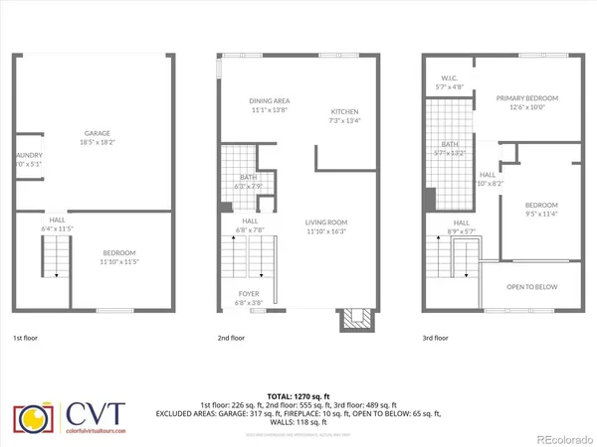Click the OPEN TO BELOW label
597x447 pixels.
(531, 287)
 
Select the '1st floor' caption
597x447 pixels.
(27, 338)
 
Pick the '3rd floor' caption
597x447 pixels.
(435, 338)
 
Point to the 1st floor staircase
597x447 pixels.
(55, 262)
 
